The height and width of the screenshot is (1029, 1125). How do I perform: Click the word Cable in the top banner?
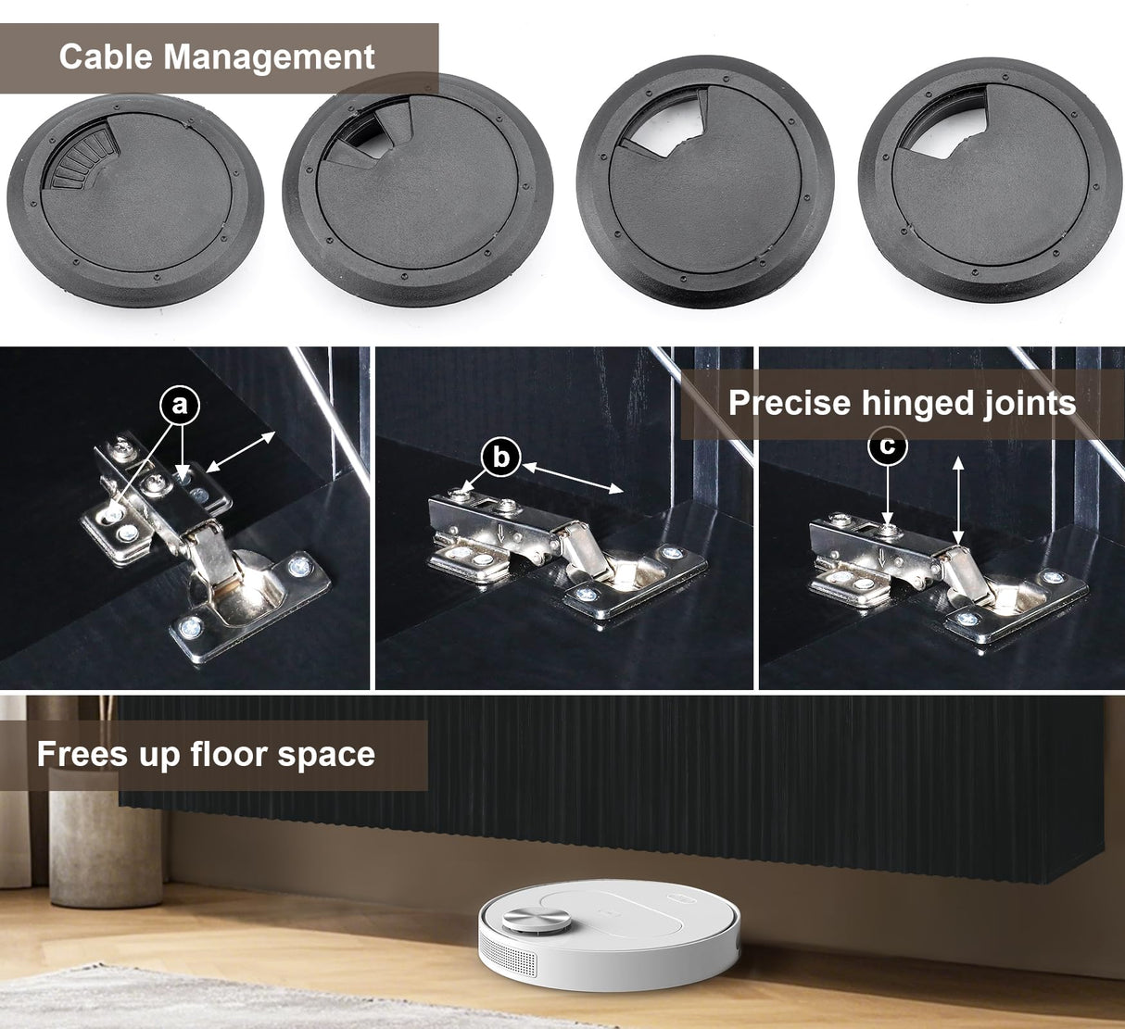(x=105, y=56)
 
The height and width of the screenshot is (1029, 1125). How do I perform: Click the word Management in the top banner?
(x=269, y=56)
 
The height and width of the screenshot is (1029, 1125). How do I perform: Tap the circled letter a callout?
(x=180, y=405)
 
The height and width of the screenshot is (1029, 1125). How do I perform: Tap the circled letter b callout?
(x=500, y=458)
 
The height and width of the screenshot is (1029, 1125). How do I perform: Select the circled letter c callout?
(x=887, y=445)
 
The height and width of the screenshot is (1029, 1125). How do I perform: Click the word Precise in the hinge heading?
(x=790, y=402)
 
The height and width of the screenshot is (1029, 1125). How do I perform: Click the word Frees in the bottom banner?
(x=82, y=754)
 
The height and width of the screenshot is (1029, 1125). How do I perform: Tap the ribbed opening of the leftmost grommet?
(x=81, y=158)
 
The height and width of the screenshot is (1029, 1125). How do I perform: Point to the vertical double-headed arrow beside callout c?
(x=958, y=500)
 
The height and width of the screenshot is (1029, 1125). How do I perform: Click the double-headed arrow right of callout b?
(x=573, y=477)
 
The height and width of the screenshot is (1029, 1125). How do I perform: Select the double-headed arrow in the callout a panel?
(x=240, y=451)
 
